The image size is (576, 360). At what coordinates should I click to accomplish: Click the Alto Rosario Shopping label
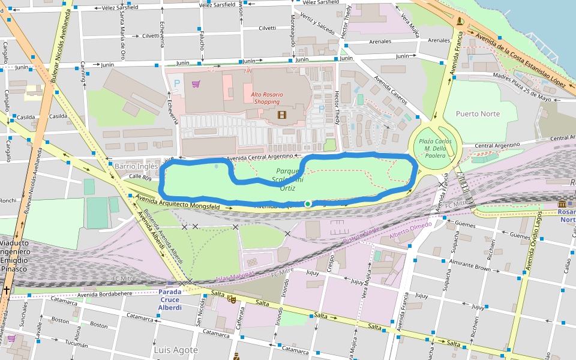265,98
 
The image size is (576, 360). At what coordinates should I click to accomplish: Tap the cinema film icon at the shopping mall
282,114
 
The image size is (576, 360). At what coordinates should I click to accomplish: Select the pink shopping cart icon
196,85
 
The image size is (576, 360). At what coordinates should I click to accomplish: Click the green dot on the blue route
308,204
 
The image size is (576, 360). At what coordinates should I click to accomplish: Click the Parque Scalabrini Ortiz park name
287,179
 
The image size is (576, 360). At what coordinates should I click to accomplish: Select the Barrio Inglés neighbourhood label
136,166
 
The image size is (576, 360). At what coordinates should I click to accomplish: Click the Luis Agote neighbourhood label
176,349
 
